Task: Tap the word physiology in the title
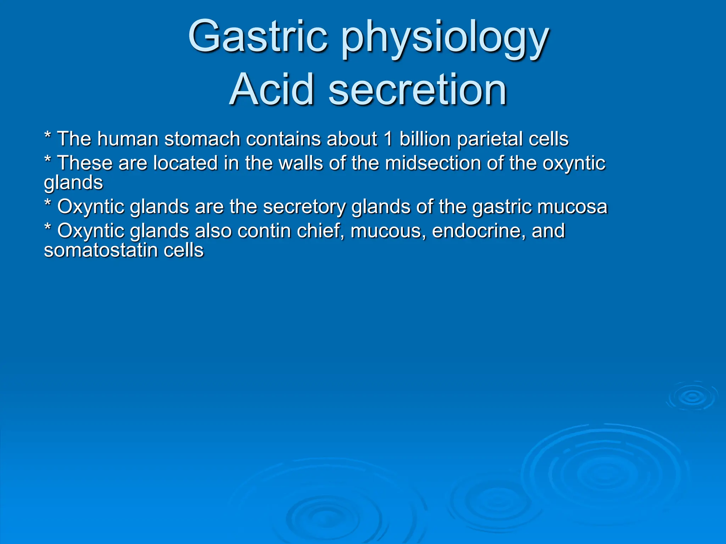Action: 445,39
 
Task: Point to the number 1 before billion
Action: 388,139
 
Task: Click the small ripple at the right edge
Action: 692,397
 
